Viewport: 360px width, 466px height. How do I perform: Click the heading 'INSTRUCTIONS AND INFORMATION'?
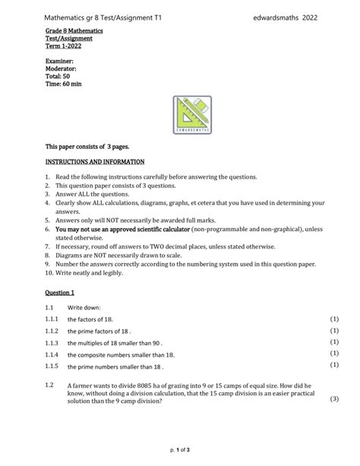pyautogui.click(x=95, y=162)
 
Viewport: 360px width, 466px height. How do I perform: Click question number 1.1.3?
pyautogui.click(x=51, y=343)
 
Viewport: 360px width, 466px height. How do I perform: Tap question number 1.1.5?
pyautogui.click(x=51, y=366)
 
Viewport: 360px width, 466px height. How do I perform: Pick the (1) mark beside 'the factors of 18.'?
pyautogui.click(x=333, y=319)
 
